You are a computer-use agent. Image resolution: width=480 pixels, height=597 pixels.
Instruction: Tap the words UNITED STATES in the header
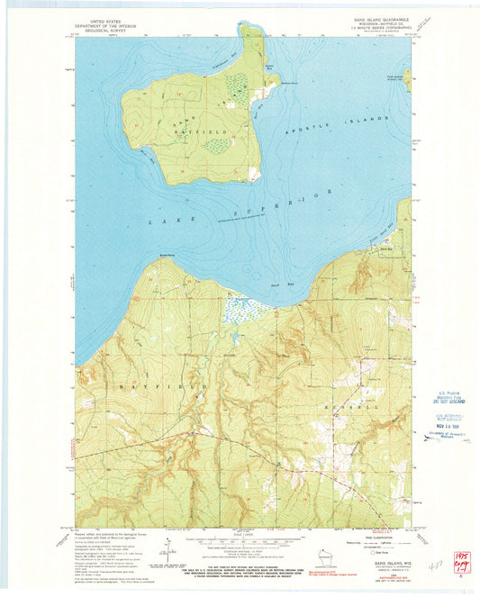(103, 17)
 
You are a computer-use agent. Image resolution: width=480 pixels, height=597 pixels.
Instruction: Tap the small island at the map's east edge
(408, 81)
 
